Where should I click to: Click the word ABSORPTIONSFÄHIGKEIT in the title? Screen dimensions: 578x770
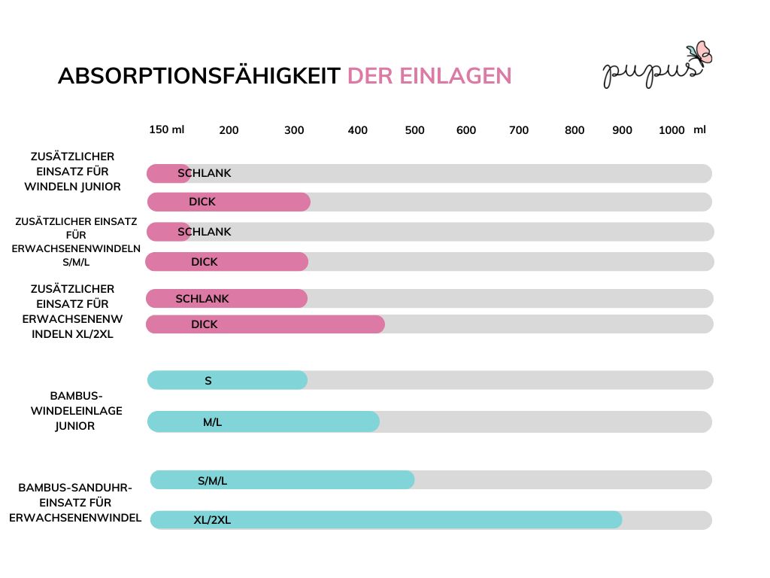click(x=199, y=76)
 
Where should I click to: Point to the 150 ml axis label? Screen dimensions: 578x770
click(x=166, y=129)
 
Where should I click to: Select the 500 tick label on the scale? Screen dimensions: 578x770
click(x=414, y=130)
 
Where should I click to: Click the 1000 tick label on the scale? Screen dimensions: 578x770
click(x=671, y=130)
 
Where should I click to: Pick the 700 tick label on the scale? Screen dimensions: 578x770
click(x=519, y=130)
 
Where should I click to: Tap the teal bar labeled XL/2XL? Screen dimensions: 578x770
click(x=386, y=519)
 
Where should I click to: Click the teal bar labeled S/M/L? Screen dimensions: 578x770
click(x=282, y=480)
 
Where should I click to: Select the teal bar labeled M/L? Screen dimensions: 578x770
click(x=263, y=421)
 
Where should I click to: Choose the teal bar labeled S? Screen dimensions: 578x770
click(x=227, y=380)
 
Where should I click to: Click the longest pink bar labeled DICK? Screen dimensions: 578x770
click(x=265, y=324)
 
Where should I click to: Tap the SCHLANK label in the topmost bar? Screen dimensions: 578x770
click(x=205, y=173)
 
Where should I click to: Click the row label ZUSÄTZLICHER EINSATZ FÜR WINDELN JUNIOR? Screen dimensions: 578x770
click(x=72, y=172)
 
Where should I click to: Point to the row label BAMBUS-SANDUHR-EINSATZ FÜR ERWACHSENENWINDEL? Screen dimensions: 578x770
click(x=75, y=503)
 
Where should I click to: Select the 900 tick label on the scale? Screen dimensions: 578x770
click(x=622, y=130)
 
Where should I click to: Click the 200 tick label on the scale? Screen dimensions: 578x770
click(x=229, y=130)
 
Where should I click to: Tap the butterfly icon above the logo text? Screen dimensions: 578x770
click(x=702, y=53)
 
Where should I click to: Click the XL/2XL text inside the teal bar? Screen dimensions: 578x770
click(x=212, y=519)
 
